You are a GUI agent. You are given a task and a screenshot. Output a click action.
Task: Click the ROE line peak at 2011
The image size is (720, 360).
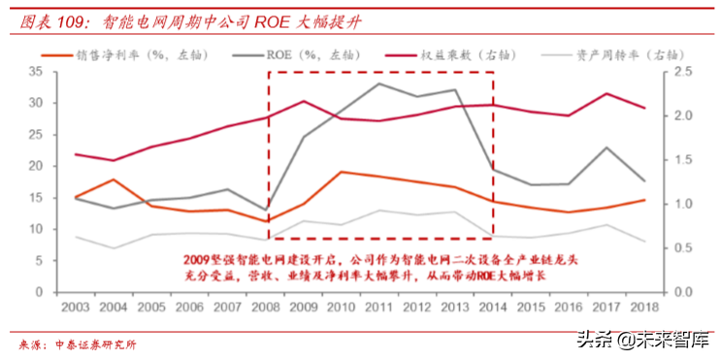pyautogui.click(x=378, y=83)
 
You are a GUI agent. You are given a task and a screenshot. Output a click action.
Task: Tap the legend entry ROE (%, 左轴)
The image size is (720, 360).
pyautogui.click(x=304, y=54)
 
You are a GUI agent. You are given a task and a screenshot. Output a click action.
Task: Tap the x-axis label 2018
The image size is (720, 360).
pyautogui.click(x=642, y=308)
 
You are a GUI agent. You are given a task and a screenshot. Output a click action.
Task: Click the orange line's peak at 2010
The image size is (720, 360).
pyautogui.click(x=341, y=172)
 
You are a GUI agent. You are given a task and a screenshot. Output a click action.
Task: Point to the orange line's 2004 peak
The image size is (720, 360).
pyautogui.click(x=115, y=180)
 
